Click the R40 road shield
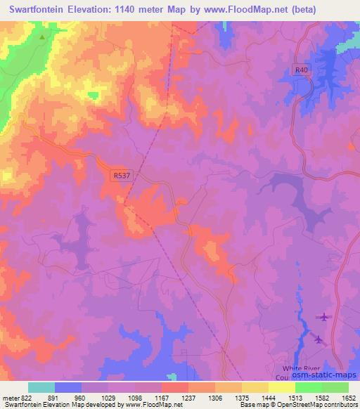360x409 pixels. pos(302,70)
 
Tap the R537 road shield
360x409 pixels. pos(120,178)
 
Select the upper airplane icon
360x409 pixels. pos(323,317)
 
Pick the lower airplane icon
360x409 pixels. pos(318,340)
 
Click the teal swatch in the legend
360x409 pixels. pos(41,387)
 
